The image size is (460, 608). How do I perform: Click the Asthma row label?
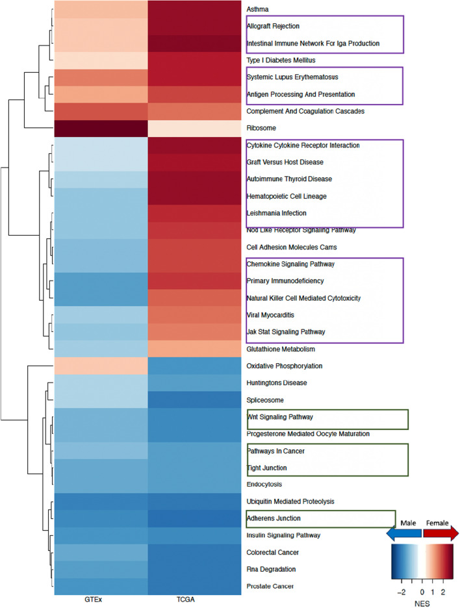258,10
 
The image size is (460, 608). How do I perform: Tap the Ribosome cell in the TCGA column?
194,128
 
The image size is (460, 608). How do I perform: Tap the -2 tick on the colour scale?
401,592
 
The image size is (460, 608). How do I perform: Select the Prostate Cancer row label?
271,586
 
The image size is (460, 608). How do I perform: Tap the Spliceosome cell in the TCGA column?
194,399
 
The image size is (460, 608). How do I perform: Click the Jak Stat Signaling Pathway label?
287,332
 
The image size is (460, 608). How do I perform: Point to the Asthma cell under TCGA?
194,10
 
